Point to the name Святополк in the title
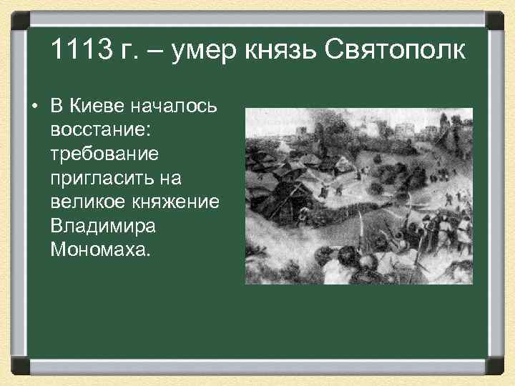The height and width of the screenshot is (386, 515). point(395,50)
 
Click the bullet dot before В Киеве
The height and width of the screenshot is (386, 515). point(34,108)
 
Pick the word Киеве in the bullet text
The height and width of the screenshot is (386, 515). point(97,107)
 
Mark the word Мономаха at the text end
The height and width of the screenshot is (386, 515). point(101,250)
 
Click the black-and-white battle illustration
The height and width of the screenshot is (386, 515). point(358,196)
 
